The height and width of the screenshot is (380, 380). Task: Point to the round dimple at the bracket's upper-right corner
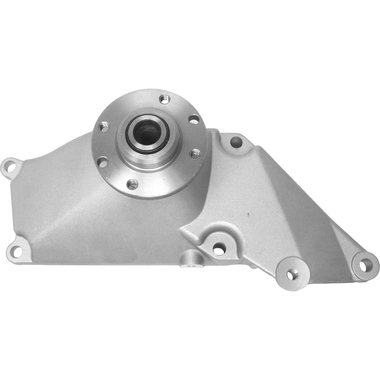(x=235, y=141)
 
